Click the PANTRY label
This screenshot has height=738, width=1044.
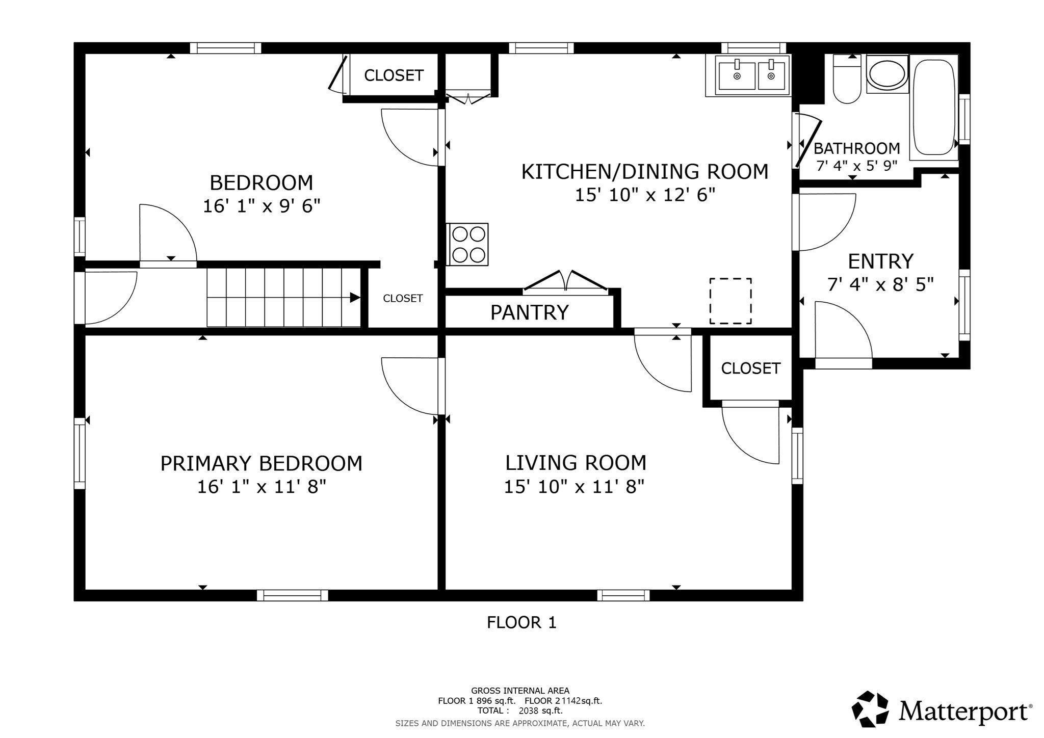pos(529,312)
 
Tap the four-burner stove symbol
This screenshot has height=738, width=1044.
pos(468,244)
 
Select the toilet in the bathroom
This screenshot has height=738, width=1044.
pos(847,81)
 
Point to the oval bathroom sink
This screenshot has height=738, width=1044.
pos(887,74)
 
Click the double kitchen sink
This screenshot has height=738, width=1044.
pos(752,75)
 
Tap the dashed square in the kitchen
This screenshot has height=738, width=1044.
pos(730,301)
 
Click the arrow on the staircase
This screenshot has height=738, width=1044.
pos(354,298)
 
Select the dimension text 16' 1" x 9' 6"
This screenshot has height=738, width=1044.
pos(262,206)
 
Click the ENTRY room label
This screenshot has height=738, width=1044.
pos(880,261)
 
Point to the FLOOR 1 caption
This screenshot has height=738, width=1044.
pos(521,622)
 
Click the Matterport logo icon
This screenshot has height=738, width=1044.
pos(871,709)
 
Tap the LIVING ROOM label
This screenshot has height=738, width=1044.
pos(576,463)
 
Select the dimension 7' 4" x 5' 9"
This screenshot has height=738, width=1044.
pos(856,166)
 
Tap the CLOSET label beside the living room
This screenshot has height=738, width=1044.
pos(750,368)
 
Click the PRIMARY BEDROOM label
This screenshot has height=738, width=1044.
pos(262,464)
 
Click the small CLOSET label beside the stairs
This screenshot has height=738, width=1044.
pos(403,298)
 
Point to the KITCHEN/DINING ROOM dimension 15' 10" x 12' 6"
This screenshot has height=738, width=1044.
pos(645,195)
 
